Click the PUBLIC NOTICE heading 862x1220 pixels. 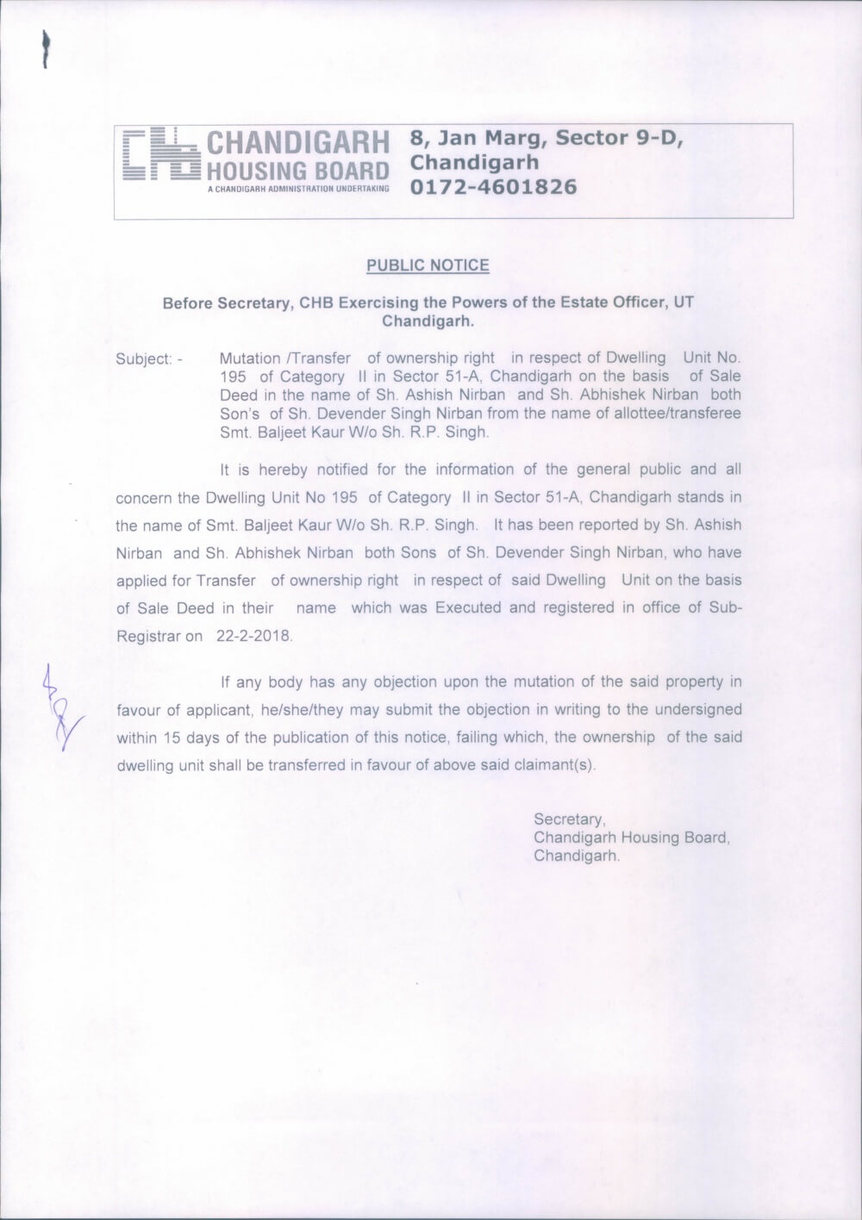tap(428, 265)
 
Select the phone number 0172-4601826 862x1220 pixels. tap(493, 187)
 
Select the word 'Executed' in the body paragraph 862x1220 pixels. tap(468, 608)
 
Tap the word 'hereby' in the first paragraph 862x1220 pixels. tap(272, 470)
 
